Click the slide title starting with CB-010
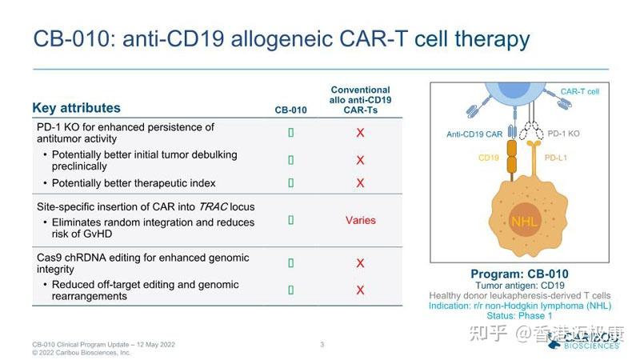pos(281,39)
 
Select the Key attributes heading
pos(77,108)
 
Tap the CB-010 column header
pos(290,110)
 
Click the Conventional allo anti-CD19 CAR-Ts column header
pos(360,100)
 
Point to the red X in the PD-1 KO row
pos(360,133)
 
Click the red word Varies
pos(360,220)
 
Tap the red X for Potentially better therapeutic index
pos(360,183)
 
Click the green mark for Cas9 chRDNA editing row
pos(290,263)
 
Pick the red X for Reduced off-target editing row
pos(360,290)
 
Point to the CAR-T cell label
pos(579,92)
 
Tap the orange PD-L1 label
pos(556,158)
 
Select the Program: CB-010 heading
pos(519,274)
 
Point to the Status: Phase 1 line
pos(519,316)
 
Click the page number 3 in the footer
pos(322,345)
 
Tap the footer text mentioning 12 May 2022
pos(103,345)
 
